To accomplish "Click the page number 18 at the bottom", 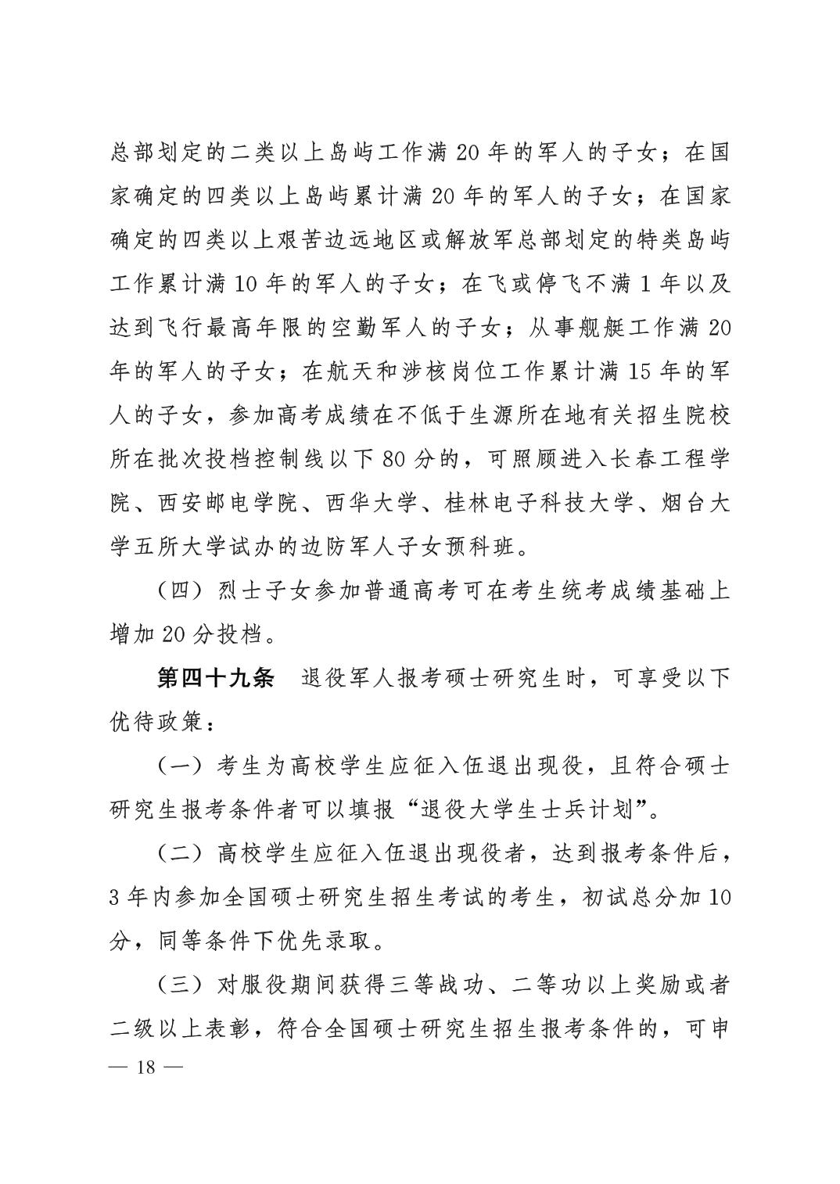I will (146, 1067).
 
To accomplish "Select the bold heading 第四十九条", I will (215, 678).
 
